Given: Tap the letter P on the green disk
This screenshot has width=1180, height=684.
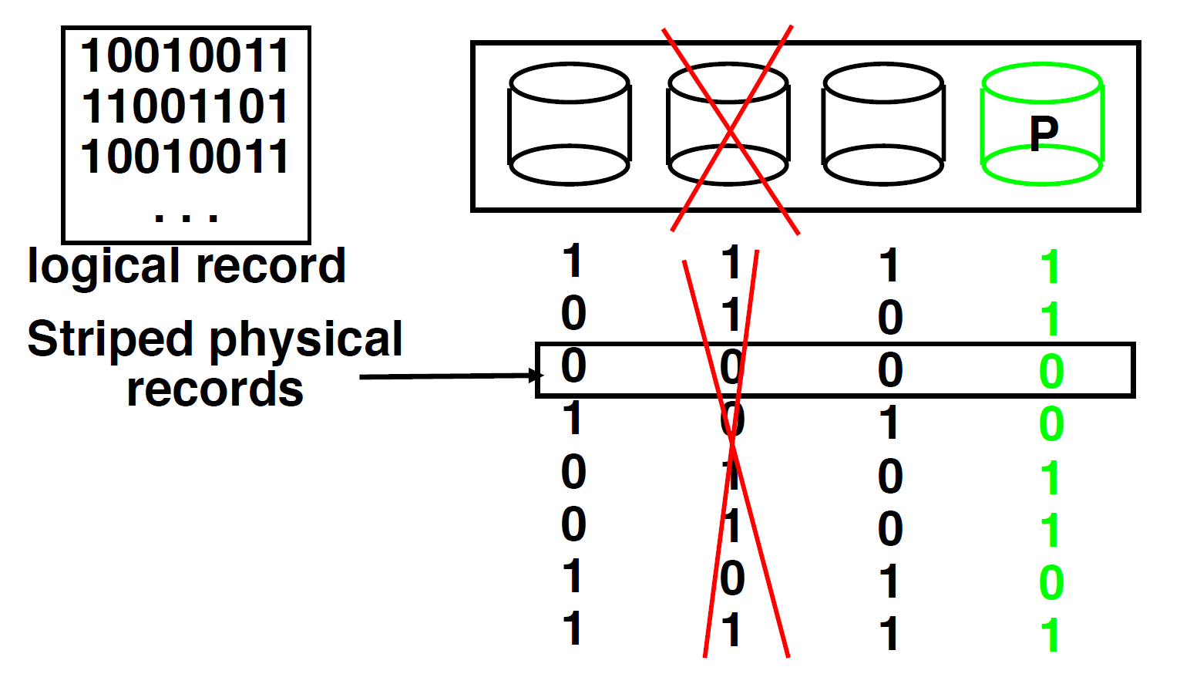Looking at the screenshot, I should point(1044,133).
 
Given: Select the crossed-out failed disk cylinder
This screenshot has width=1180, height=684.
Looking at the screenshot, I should point(728,125).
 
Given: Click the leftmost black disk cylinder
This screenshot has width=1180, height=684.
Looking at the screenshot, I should point(570,125).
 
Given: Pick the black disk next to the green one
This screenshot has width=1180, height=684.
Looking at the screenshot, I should point(883,125).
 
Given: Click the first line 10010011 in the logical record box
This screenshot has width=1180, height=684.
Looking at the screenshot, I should point(185,56).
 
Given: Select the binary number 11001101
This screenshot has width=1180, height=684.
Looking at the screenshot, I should point(185,106).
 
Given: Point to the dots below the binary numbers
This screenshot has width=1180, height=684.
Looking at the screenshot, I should point(186,217).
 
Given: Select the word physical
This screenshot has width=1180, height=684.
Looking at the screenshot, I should point(306,339).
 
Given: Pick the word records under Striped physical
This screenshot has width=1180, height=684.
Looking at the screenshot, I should point(215,389).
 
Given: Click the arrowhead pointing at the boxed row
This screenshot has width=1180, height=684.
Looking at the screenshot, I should point(537,376).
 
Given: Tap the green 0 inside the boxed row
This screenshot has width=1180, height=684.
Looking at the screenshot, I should point(1051,372).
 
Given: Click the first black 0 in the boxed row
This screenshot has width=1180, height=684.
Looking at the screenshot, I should point(573,366).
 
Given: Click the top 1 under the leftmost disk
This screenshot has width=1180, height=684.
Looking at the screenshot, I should point(572,261).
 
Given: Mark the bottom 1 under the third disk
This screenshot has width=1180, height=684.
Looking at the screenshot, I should point(890,634).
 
